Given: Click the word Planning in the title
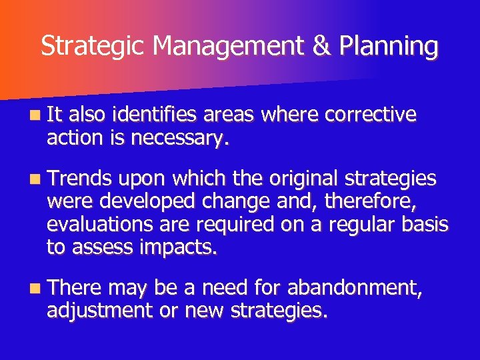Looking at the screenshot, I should point(388,47).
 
